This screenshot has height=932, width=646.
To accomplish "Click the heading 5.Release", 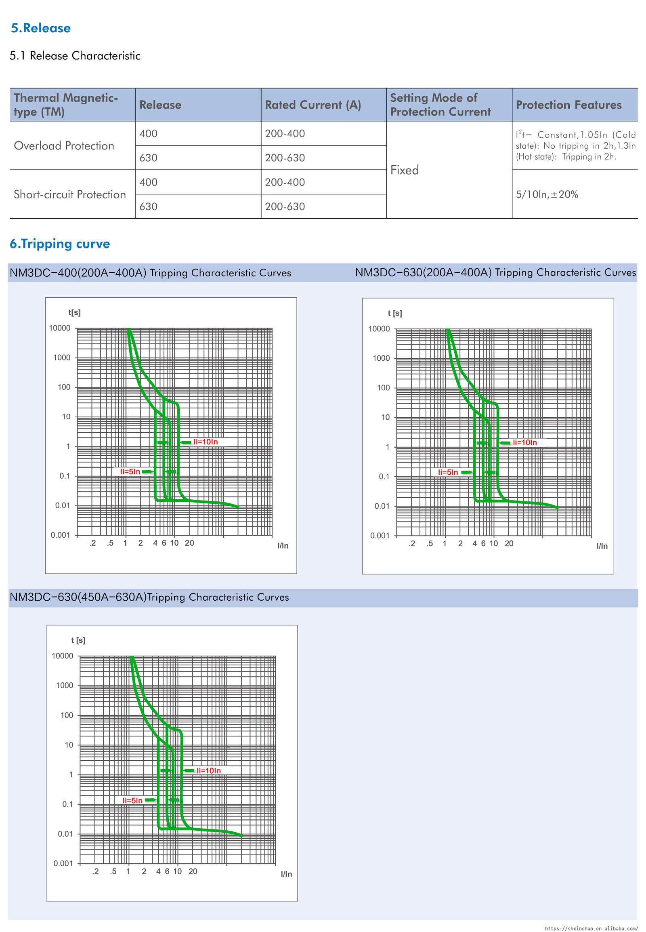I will [x=41, y=28].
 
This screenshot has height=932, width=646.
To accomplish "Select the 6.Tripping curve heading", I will [x=60, y=244].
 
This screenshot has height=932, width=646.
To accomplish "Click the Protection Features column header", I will [x=568, y=105].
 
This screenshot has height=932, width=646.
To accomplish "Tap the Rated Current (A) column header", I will [x=313, y=105].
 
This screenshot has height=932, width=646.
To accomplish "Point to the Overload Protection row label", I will [x=64, y=146].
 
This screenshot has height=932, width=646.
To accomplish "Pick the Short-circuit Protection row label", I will [x=69, y=194].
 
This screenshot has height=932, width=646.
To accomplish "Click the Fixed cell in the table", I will [x=405, y=170].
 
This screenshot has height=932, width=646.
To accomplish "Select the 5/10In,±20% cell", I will [x=547, y=194].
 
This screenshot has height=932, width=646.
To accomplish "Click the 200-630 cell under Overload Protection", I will [x=285, y=158].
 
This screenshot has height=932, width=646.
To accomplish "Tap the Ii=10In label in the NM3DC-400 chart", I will [x=206, y=442].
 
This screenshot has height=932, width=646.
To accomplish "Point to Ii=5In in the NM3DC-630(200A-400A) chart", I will [x=448, y=472].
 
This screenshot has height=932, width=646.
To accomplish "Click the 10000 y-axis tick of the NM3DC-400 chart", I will [x=59, y=328].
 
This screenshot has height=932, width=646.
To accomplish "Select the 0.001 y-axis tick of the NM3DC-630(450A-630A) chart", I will [x=63, y=863].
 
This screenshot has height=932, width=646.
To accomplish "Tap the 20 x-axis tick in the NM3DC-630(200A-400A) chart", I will [x=509, y=543].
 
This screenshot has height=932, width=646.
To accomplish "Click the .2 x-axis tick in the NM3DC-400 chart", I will [x=93, y=543].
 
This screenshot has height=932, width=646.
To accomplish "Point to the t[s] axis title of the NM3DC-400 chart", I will [x=74, y=313].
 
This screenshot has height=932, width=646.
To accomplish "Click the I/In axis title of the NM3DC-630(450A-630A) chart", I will [x=286, y=874].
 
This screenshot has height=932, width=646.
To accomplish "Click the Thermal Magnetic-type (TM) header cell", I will [x=65, y=105].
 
